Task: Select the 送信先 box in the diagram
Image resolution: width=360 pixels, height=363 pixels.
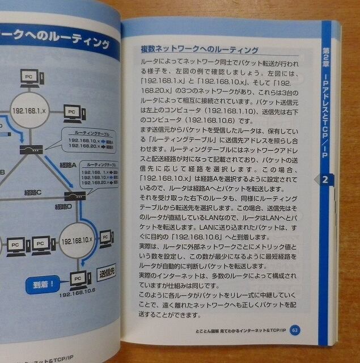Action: click(x=105, y=275)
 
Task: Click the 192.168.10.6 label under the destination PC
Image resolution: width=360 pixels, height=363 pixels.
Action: click(x=76, y=293)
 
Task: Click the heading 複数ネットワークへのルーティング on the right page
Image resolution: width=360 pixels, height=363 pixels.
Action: click(x=200, y=50)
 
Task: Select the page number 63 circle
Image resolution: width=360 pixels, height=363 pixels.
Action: click(x=294, y=330)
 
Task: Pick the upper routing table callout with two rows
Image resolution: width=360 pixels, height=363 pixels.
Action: click(x=90, y=139)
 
